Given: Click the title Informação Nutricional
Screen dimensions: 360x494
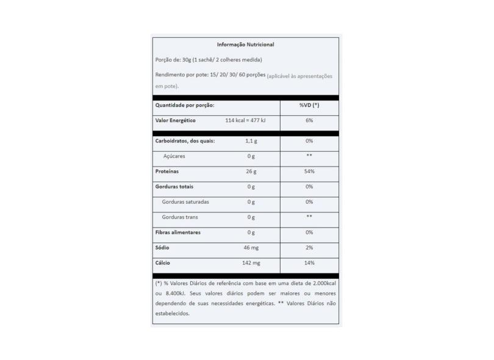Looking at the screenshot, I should click(246, 45).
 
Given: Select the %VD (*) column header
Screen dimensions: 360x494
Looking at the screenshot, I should click(309, 106).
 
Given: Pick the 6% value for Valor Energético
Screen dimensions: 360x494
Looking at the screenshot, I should click(309, 121).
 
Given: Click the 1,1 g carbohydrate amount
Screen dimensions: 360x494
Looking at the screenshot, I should click(251, 141).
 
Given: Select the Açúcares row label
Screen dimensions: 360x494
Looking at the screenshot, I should click(174, 156).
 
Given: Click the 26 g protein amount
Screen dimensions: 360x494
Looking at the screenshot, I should click(251, 171).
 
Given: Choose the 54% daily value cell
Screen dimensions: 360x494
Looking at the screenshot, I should click(309, 171).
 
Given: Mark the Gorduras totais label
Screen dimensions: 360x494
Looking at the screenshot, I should click(178, 187).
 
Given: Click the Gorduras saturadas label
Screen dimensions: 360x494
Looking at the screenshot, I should click(186, 202).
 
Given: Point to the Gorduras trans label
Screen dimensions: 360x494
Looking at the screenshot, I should click(180, 217).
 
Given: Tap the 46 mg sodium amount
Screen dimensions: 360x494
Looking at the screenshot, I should click(251, 248).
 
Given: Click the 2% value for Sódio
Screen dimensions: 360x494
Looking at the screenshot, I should click(309, 248).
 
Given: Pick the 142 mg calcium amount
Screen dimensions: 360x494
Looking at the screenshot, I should click(251, 263).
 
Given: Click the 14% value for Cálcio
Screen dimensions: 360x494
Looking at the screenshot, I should click(309, 263).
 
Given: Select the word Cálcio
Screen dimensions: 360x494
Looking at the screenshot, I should click(163, 263).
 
